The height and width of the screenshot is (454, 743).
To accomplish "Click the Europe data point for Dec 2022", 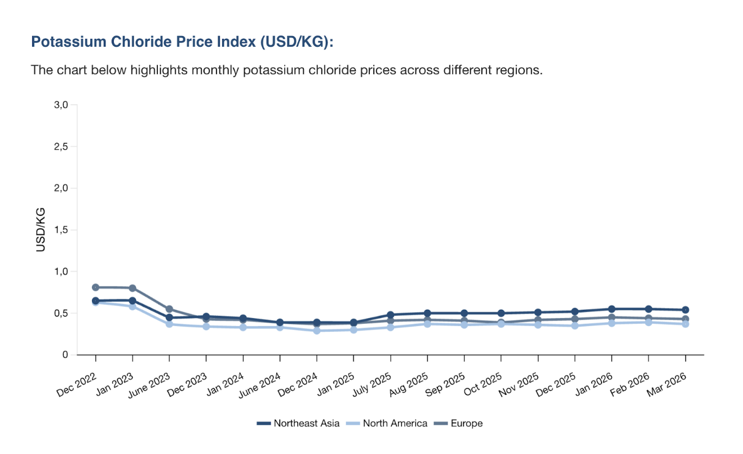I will pyautogui.click(x=95, y=287).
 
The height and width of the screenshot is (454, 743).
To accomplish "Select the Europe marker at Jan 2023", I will pyautogui.click(x=132, y=288).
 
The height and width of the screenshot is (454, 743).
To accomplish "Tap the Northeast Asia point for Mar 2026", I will pyautogui.click(x=685, y=310).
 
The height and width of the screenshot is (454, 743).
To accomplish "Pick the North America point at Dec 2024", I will pyautogui.click(x=317, y=331).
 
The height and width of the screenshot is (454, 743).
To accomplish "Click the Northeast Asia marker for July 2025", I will pyautogui.click(x=390, y=315).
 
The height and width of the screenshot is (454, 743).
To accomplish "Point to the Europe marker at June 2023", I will pyautogui.click(x=169, y=309).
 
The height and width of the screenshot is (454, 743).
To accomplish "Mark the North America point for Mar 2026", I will pyautogui.click(x=685, y=324).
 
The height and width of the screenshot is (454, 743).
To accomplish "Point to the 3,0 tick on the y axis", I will pyautogui.click(x=61, y=105).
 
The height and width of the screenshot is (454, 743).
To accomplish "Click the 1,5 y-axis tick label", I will pyautogui.click(x=61, y=230).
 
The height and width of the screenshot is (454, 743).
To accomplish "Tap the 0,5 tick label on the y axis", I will pyautogui.click(x=61, y=313).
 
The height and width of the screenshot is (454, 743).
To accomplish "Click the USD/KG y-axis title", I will pyautogui.click(x=41, y=230).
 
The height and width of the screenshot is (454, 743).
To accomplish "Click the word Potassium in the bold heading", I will pyautogui.click(x=62, y=42).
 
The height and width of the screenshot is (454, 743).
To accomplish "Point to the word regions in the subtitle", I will pyautogui.click(x=519, y=70).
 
